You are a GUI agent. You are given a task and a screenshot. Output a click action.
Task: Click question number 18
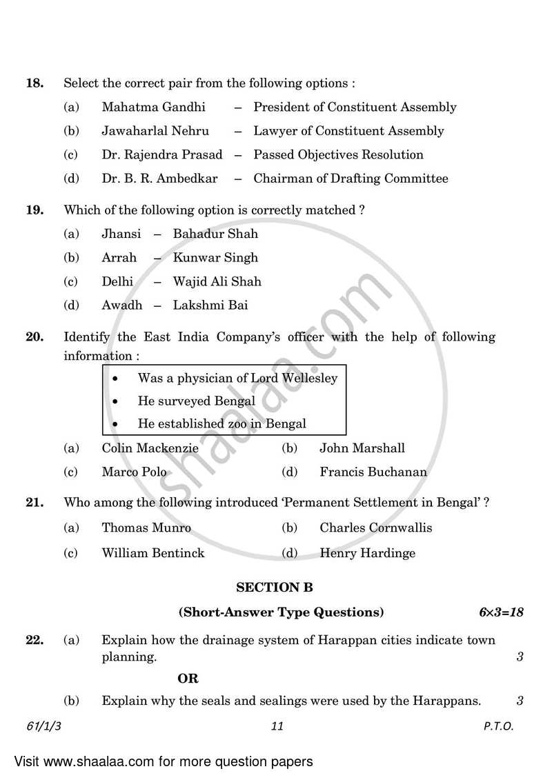[34, 83]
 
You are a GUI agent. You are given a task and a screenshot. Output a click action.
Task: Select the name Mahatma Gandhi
[153, 107]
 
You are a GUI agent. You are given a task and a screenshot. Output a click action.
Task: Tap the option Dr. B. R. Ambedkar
[159, 179]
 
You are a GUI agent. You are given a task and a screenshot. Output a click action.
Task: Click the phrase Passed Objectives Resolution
[338, 154]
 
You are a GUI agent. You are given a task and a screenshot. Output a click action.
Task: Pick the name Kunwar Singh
[215, 257]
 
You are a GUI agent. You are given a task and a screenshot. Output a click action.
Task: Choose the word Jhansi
[121, 234]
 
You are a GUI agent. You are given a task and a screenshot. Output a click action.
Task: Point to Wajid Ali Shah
[217, 281]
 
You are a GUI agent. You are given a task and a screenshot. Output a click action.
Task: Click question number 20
[34, 337]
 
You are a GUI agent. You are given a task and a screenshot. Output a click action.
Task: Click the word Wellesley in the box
[309, 378]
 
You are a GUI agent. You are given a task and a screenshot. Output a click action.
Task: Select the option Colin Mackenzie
[150, 448]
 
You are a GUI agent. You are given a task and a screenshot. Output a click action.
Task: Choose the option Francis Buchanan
[373, 472]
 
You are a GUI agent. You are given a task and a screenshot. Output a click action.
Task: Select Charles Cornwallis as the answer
[375, 528]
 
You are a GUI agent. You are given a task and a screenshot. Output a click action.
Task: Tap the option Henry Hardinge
[367, 553]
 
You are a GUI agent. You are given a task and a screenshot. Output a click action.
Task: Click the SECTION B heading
[275, 588]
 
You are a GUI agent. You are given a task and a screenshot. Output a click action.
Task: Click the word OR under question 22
[188, 679]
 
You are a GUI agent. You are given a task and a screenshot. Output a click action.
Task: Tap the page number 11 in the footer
[277, 726]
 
